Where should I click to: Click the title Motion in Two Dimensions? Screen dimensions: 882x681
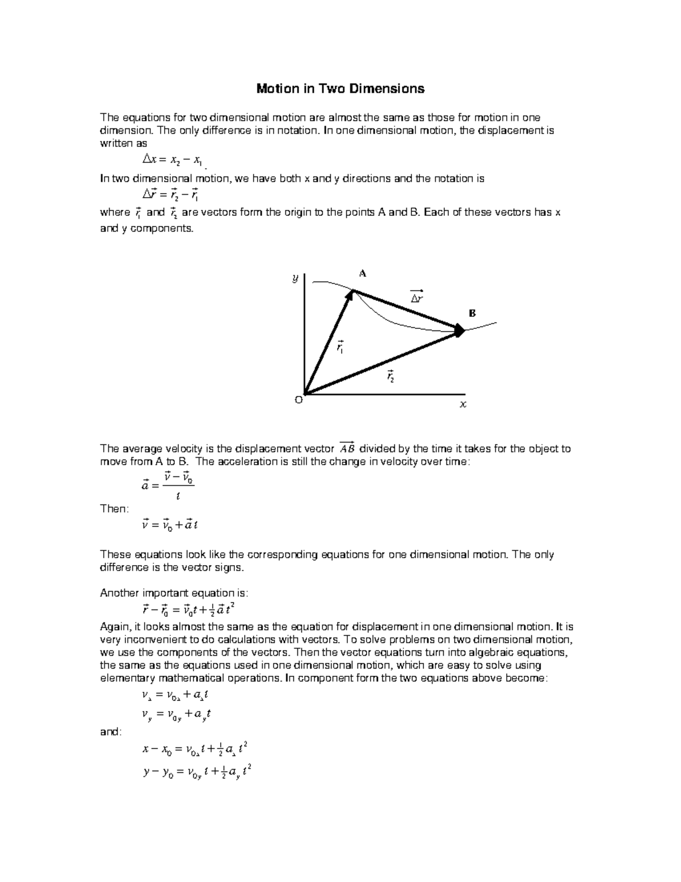point(340,89)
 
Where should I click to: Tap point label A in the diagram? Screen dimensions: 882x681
point(363,274)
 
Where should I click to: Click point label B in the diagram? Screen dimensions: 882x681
point(472,313)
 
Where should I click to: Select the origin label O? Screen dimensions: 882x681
point(299,400)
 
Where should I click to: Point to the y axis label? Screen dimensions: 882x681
point(295,278)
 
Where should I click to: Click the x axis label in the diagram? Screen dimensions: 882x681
point(463,405)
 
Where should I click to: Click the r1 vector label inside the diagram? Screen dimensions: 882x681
point(340,347)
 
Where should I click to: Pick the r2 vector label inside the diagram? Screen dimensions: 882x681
point(390,376)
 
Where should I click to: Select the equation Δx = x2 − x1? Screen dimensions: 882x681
point(172,160)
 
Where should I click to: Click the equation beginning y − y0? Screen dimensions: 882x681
point(196,772)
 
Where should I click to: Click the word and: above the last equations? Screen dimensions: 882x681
point(111,732)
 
